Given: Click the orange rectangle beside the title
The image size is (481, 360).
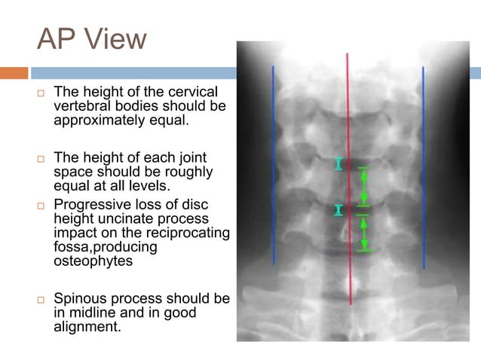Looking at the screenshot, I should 14,73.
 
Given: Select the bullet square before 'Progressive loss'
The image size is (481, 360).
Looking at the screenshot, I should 42,204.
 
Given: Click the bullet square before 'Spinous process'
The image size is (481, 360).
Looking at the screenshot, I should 42,300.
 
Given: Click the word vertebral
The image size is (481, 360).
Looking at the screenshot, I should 81,106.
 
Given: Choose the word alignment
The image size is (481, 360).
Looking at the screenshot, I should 87,326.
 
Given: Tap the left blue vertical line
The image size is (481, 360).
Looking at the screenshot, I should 273,166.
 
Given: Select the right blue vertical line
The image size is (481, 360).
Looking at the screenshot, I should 424,166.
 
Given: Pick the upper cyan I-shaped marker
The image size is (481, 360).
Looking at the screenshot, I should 339,163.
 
